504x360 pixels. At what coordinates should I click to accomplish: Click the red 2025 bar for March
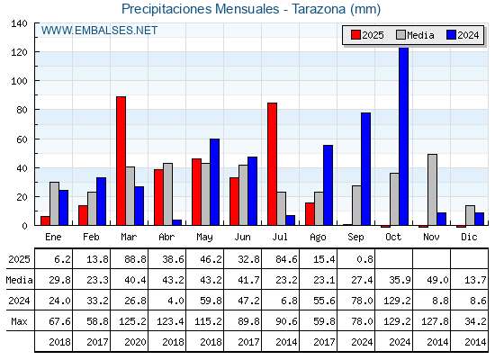[x=121, y=161]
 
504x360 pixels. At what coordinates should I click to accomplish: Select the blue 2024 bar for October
[x=404, y=136]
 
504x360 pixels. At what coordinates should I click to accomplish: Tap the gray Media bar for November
[x=432, y=190]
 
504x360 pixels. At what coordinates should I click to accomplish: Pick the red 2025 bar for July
[x=272, y=164]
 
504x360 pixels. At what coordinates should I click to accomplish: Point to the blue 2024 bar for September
[x=365, y=169]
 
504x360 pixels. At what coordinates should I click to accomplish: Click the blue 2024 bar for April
[x=176, y=222]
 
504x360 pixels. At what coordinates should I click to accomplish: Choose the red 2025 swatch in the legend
[x=355, y=35]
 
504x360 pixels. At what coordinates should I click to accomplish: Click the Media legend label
[x=420, y=35]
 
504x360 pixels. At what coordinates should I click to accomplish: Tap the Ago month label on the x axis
[x=318, y=238]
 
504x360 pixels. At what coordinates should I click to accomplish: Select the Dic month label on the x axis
[x=469, y=237]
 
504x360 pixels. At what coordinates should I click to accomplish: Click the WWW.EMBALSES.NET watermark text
[x=99, y=31]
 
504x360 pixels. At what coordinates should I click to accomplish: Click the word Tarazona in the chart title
[x=319, y=9]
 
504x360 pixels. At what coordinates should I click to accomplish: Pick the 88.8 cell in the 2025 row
[x=135, y=259]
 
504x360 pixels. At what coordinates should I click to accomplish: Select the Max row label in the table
[x=19, y=321]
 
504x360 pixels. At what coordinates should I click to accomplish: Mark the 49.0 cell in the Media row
[x=437, y=280]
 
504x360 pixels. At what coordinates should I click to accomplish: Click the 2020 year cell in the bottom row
[x=135, y=342]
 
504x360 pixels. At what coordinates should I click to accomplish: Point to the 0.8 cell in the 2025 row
[x=364, y=259]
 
